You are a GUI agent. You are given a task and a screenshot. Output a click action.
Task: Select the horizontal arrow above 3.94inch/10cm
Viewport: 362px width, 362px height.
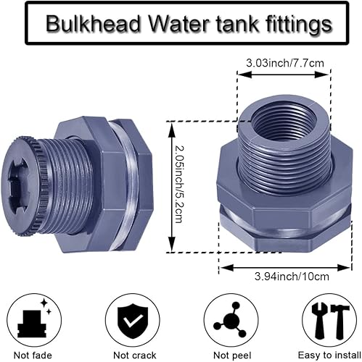276,266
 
